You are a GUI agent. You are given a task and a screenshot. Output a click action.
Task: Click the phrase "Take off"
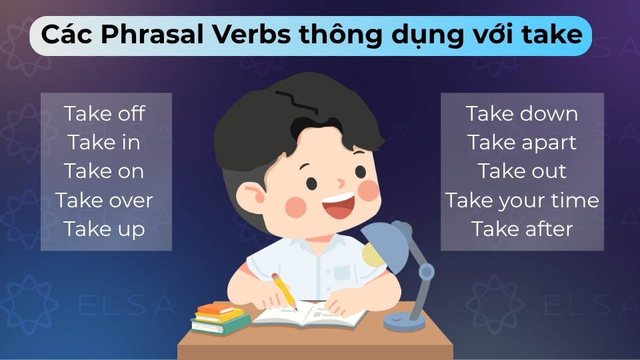[x=105, y=113]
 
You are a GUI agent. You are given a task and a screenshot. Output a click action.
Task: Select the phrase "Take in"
[x=105, y=142]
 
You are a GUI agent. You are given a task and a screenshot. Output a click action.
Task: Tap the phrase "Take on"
[x=105, y=171]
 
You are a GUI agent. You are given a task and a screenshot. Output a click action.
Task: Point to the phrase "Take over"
[x=105, y=200]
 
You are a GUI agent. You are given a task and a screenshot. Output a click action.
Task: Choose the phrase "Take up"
[x=105, y=229]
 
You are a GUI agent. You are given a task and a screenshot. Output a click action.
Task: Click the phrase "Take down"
[x=522, y=113]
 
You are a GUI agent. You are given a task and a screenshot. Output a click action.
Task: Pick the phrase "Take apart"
[x=522, y=142]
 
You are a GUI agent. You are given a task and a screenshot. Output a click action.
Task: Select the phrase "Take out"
[x=522, y=171]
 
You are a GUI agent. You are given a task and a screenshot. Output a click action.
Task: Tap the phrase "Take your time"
[x=522, y=200]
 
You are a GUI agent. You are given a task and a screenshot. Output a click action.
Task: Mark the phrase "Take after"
[x=522, y=229]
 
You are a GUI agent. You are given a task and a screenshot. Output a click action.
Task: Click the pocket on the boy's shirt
[x=341, y=273]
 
